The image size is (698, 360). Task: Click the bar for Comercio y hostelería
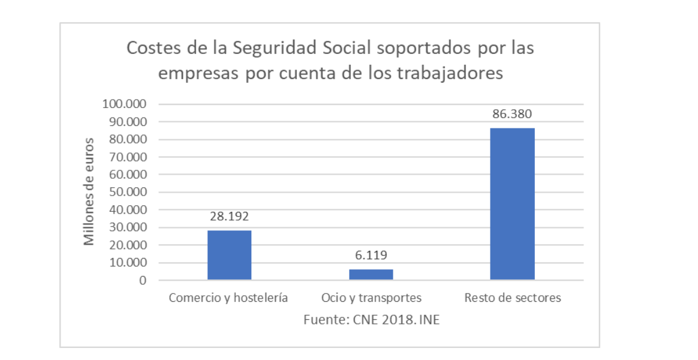pos(229,255)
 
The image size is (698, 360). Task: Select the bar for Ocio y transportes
pos(371,274)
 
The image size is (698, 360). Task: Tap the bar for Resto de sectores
pos(512,204)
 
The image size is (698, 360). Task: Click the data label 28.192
pos(229,217)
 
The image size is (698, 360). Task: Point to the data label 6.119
pos(371,256)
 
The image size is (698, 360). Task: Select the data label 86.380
pos(512,114)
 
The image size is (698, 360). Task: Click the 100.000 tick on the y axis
pos(126,104)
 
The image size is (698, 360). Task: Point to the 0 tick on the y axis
pos(143,281)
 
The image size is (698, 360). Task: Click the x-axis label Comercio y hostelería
pos(228,298)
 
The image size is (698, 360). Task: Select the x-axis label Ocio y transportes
pos(371,298)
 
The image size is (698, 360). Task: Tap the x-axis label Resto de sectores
pos(513,298)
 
